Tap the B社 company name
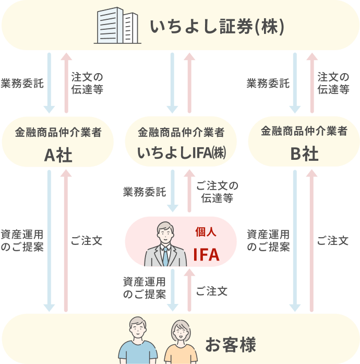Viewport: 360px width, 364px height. click(x=304, y=154)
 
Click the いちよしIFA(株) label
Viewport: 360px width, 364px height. click(x=181, y=154)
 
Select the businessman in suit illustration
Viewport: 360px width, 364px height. click(x=165, y=244)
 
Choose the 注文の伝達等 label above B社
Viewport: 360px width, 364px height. click(x=333, y=83)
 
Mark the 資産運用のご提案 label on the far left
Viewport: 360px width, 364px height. click(x=22, y=240)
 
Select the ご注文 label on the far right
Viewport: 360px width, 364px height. click(x=333, y=241)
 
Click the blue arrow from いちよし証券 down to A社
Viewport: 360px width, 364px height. click(x=49, y=83)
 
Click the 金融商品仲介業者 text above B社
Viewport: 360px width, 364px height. click(x=304, y=132)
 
